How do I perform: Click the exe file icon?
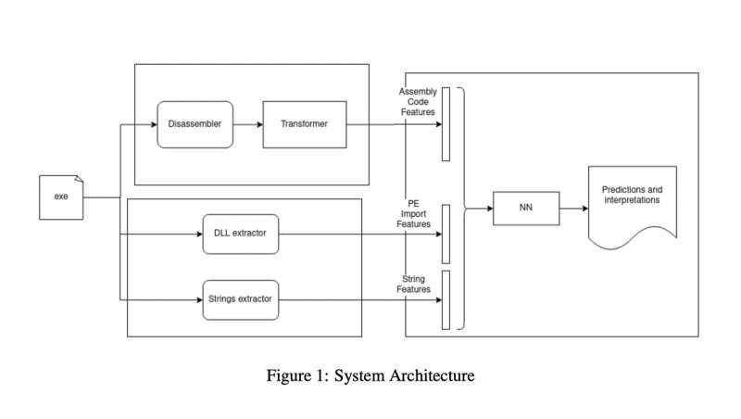[x=62, y=197]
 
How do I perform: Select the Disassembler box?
[x=195, y=124]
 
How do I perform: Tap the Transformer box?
[x=305, y=124]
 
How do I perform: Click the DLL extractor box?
[x=240, y=234]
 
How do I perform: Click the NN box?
[x=525, y=209]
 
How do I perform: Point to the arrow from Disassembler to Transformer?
[x=247, y=124]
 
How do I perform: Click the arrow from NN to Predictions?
[x=573, y=209]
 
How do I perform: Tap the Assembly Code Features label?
[x=418, y=102]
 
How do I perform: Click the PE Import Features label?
[x=413, y=212]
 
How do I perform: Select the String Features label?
[x=415, y=284]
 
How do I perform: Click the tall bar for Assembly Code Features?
[x=446, y=124]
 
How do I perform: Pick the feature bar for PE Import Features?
[x=446, y=234]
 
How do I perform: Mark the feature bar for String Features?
[x=446, y=299]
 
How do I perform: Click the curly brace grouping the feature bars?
[x=460, y=209]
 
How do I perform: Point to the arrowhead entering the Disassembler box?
[x=152, y=124]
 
